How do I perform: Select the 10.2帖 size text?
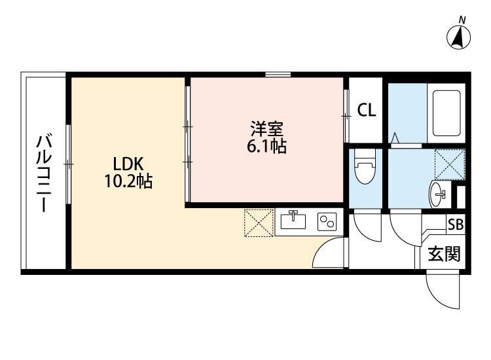click(x=128, y=181)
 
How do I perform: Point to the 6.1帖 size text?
click(x=266, y=146)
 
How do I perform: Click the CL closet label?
click(x=367, y=111)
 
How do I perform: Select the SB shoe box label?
click(x=455, y=224)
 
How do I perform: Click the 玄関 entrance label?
click(x=444, y=253)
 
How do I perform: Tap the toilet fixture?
click(x=364, y=168)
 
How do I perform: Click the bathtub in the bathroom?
click(x=445, y=113)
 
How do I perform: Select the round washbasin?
click(x=439, y=193)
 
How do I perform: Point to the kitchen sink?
click(x=293, y=221)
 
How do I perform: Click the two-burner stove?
click(x=326, y=222)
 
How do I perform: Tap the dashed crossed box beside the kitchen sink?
click(x=257, y=223)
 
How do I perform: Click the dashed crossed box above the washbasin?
click(x=450, y=164)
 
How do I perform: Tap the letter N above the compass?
click(x=462, y=20)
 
